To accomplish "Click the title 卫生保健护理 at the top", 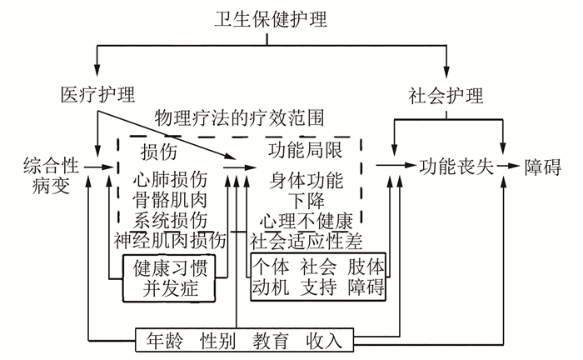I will [x=279, y=18].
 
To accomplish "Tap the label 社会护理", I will [x=446, y=94].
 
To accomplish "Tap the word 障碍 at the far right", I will [x=546, y=166].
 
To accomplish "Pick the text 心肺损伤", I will [x=170, y=179].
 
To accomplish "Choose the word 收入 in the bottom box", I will [x=324, y=340].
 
